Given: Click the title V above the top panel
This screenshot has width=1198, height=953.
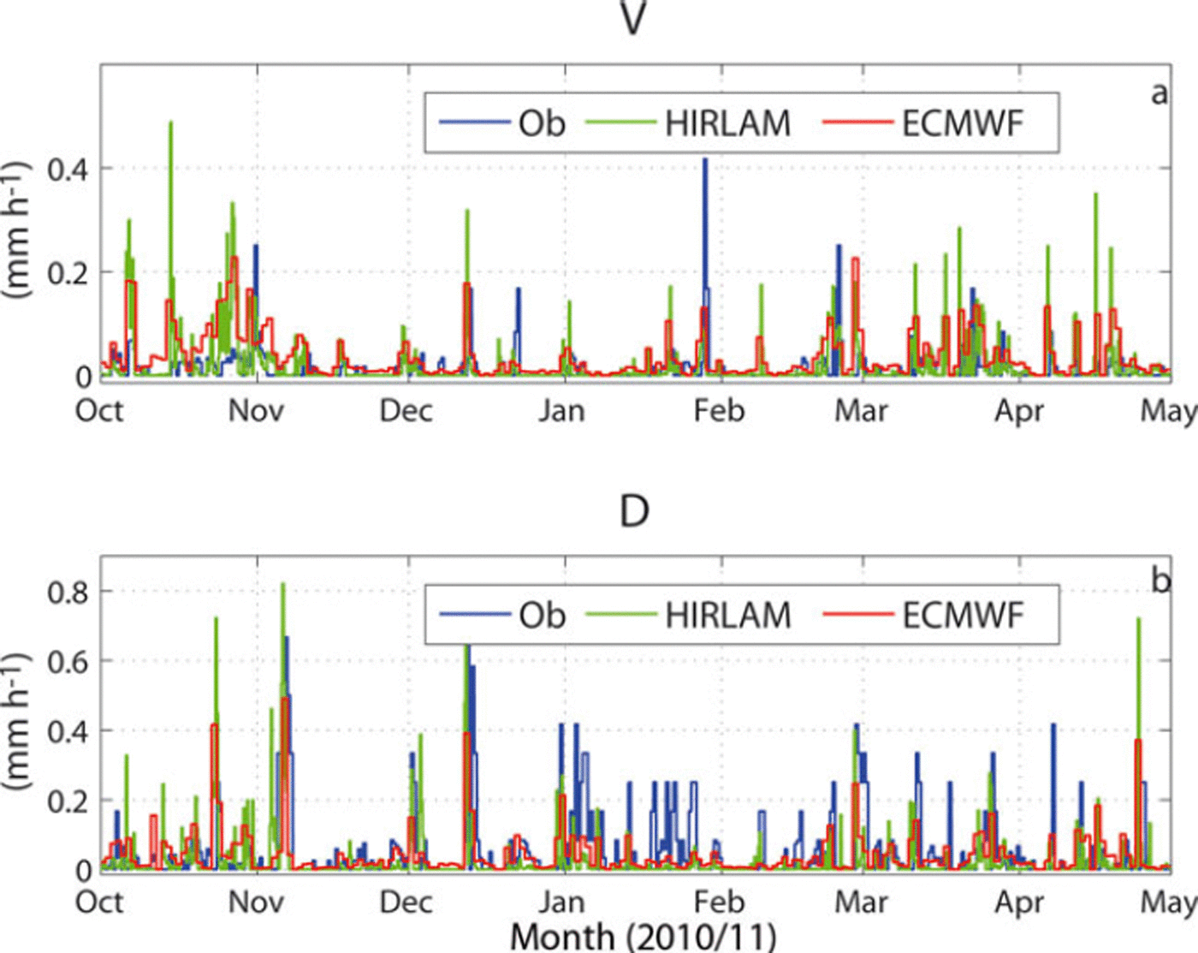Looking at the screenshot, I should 632,19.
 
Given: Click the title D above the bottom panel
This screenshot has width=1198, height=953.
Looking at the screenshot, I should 633,511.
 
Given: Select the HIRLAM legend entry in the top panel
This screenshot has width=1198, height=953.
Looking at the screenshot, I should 727,123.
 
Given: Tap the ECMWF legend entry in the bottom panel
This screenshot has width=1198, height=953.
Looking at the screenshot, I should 963,615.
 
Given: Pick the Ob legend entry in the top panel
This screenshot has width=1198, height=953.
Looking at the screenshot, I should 542,123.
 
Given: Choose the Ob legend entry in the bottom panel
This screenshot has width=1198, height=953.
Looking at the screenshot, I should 542,615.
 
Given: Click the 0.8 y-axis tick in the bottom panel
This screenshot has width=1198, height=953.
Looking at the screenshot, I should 68,592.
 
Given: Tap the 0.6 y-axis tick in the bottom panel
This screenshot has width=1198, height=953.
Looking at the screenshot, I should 68,662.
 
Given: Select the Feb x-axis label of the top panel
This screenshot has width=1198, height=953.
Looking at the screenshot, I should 719,411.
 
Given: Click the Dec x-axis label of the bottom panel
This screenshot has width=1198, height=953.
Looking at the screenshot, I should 406,902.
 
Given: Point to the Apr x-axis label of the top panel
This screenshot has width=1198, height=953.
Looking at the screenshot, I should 1019,411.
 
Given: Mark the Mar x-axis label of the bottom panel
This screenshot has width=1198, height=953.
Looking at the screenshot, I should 862,902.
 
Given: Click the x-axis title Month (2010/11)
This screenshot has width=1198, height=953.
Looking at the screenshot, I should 643,936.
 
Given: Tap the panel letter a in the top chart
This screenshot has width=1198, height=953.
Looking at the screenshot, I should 1159,92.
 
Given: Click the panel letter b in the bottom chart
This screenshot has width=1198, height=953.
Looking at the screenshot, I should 1160,581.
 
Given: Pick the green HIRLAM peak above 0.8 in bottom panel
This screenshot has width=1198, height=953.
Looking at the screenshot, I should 283,587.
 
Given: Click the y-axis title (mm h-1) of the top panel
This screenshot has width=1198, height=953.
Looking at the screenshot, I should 17,228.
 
